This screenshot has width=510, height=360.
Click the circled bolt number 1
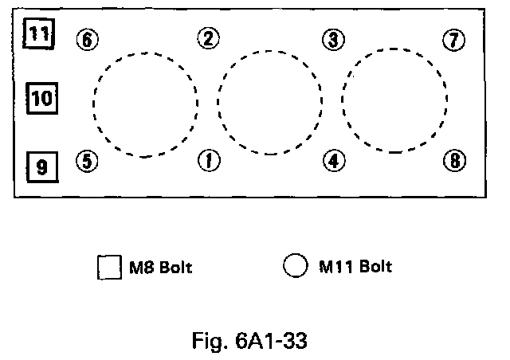(208, 161)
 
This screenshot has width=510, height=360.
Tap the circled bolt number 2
(208, 38)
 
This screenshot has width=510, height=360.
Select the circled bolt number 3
(333, 38)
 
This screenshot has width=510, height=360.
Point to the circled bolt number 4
(333, 161)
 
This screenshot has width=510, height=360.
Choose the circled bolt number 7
(453, 40)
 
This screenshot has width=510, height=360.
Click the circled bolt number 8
(453, 161)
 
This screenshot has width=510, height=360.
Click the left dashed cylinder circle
(145, 104)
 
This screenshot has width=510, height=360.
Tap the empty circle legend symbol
(295, 266)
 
